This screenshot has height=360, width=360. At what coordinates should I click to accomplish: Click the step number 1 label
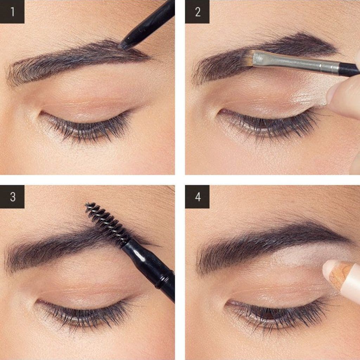point(12,12)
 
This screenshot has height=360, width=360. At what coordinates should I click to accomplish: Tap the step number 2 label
point(198,12)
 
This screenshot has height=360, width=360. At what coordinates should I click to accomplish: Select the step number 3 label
point(12,197)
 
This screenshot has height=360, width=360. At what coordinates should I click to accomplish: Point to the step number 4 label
point(198,197)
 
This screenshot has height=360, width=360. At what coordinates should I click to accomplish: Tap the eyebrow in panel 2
point(264,57)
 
